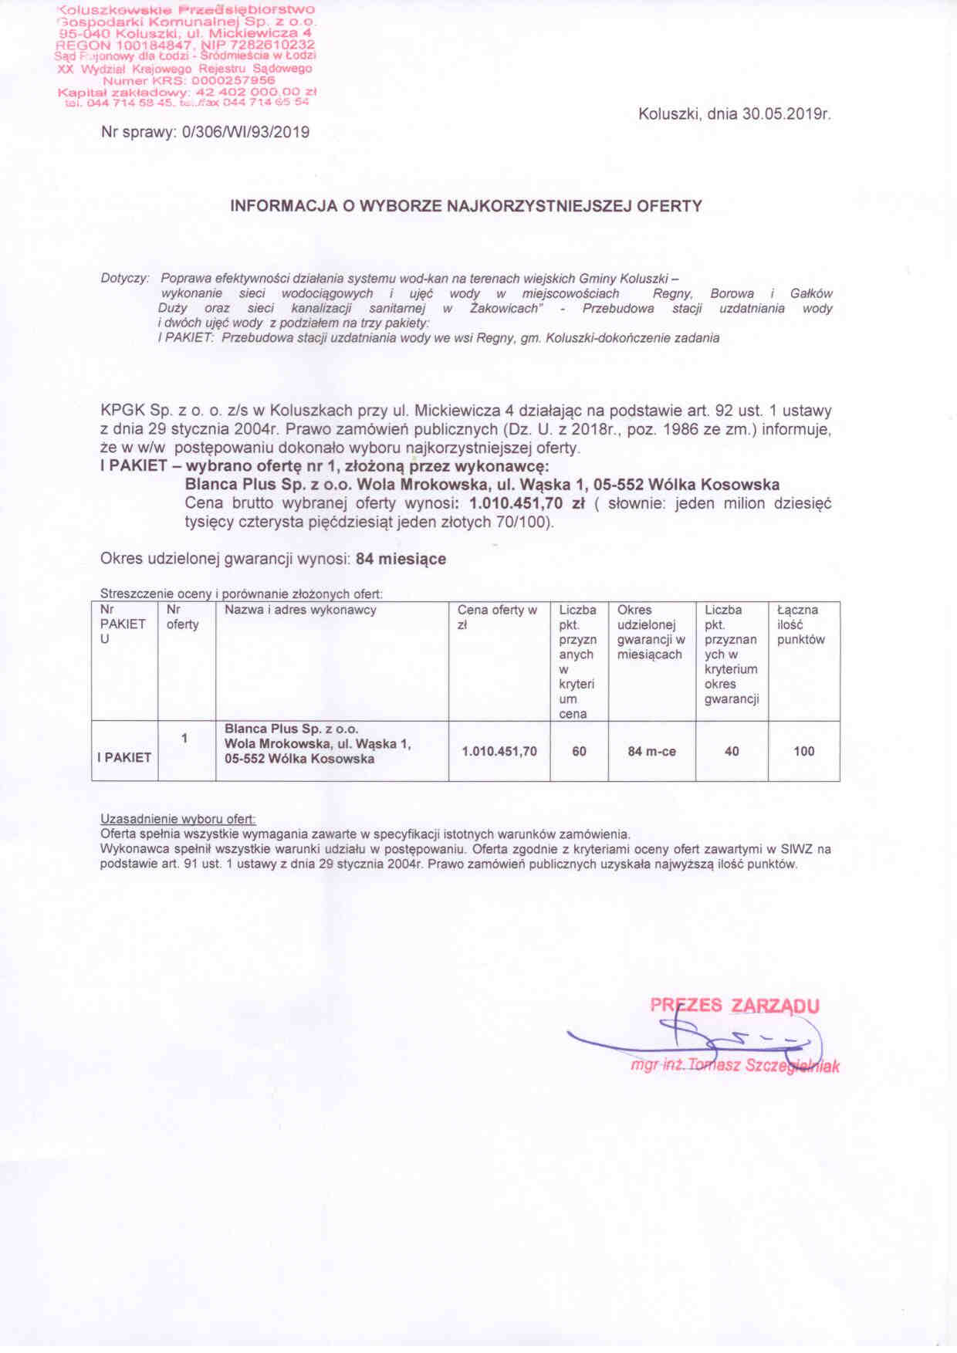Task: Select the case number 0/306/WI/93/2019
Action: coord(245,132)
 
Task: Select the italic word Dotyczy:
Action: coord(125,278)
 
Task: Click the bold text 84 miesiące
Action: coord(401,559)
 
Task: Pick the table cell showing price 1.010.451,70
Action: coord(499,751)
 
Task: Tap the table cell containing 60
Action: coord(579,751)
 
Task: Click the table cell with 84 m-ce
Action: coord(651,751)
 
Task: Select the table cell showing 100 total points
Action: coord(803,751)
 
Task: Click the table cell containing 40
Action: coord(732,751)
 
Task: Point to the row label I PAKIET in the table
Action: coord(124,758)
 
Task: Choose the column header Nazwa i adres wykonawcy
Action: coord(300,611)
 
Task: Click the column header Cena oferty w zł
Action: coord(497,617)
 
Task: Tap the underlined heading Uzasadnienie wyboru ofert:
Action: coord(178,819)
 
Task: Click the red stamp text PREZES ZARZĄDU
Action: coord(734,1006)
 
